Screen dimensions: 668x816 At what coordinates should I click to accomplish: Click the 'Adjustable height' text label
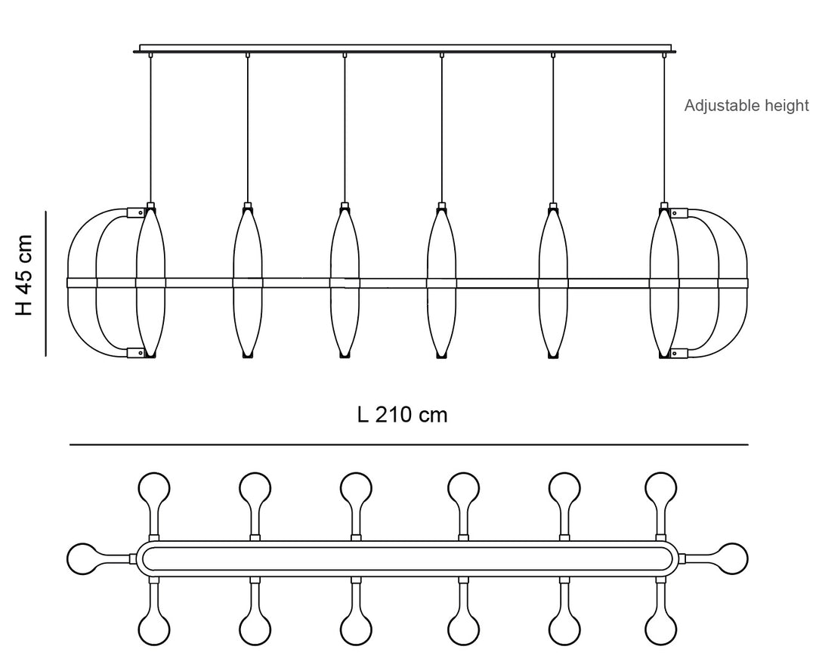click(746, 106)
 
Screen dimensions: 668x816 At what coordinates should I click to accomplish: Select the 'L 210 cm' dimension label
click(402, 415)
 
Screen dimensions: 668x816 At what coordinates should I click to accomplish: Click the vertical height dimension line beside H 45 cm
click(47, 283)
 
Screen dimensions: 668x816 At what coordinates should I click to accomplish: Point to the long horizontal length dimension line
click(408, 445)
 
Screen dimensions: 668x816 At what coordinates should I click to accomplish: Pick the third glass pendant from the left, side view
click(345, 281)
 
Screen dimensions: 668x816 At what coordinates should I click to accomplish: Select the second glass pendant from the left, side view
click(247, 281)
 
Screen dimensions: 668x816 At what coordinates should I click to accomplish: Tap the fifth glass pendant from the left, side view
click(553, 281)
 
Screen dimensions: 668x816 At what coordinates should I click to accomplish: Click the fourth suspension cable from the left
click(441, 128)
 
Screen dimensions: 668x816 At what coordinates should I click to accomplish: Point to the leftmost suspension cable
click(151, 128)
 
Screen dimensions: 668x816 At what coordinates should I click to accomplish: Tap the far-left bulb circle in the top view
click(82, 558)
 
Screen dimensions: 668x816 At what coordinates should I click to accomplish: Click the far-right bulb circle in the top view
click(731, 558)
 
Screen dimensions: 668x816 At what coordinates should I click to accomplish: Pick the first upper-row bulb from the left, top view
click(154, 487)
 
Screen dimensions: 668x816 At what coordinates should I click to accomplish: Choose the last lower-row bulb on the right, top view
click(661, 629)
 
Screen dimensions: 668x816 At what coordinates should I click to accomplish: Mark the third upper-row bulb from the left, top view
click(355, 487)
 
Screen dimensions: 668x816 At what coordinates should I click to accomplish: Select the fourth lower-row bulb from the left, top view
click(462, 629)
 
